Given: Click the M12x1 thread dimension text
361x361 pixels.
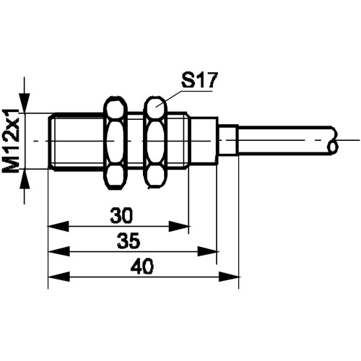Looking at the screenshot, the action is [11, 141].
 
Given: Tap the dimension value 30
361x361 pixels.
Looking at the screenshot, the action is [121, 215].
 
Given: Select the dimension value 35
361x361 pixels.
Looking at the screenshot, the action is [129, 240].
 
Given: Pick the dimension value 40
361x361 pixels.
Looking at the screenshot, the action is [142, 266].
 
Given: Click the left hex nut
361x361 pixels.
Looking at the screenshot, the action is [115, 142].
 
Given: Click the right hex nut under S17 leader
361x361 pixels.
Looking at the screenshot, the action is [156, 142].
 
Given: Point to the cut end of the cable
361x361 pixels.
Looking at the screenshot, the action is [334, 140].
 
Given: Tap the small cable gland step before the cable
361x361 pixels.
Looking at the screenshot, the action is [228, 140].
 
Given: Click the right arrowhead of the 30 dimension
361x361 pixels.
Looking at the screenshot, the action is [179, 227].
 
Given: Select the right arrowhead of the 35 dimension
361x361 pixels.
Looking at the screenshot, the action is [207, 252].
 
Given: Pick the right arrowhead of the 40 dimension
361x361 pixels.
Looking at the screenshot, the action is [230, 277].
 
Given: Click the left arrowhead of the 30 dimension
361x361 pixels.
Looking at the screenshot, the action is [58, 227].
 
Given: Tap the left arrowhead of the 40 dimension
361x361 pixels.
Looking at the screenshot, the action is [58, 277].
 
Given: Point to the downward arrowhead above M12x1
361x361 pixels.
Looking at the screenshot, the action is [25, 103].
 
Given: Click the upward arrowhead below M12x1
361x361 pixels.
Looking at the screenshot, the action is [25, 179].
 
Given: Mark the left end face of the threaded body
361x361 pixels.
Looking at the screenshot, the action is [49, 141].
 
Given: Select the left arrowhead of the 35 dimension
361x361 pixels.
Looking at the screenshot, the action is [58, 252].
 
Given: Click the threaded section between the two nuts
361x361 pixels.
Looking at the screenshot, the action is [136, 141].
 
